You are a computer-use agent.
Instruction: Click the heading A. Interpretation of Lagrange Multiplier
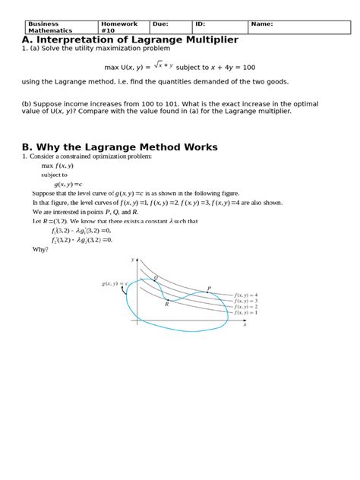tap(130, 39)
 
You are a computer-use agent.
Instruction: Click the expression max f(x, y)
tap(58, 165)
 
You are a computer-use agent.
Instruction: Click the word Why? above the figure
tap(40, 248)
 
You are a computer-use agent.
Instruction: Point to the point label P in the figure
tap(209, 289)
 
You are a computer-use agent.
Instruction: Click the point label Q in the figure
tap(156, 278)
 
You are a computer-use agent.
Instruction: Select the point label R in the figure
tap(166, 304)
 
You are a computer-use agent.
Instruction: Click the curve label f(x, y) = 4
tap(246, 294)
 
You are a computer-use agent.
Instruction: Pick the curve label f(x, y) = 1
tap(246, 312)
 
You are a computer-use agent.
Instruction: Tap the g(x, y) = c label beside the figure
tap(114, 284)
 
